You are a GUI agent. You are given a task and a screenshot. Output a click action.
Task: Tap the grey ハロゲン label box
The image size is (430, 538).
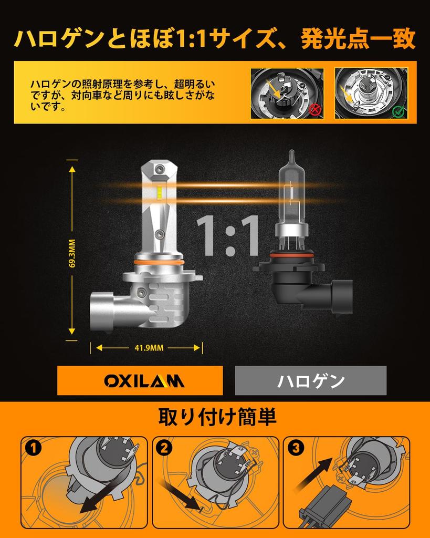(x=311, y=380)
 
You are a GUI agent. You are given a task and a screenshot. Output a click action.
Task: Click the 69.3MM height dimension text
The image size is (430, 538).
(x=72, y=254)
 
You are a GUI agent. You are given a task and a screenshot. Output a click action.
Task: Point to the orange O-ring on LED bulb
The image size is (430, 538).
(x=159, y=261)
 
